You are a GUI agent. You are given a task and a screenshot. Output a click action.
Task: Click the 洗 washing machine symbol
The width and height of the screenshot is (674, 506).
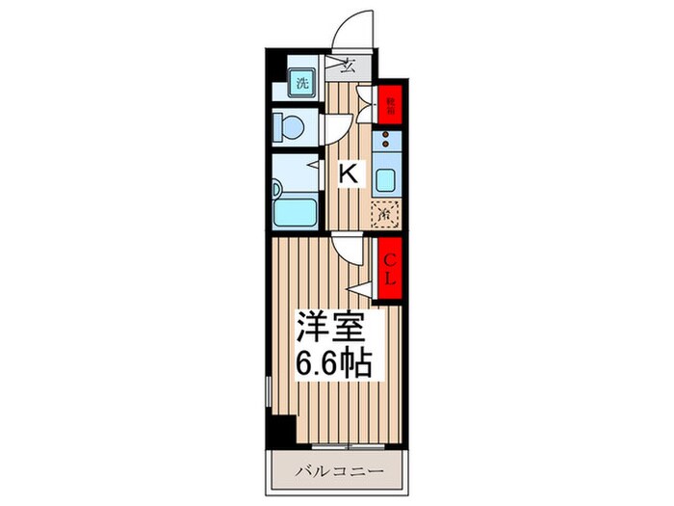pyautogui.click(x=300, y=83)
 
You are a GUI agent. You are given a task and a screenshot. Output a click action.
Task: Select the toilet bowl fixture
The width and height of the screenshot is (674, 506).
pyautogui.click(x=289, y=125)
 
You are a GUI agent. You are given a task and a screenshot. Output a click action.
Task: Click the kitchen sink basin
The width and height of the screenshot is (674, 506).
pyautogui.click(x=386, y=179)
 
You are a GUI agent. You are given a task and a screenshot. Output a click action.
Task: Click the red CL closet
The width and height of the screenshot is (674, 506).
pyautogui.click(x=387, y=269)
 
